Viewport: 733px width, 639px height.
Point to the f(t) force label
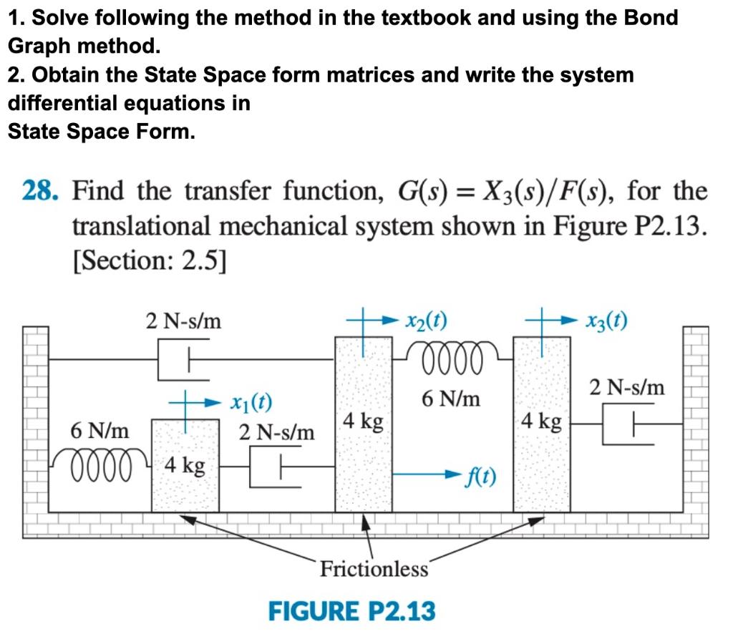[481, 476]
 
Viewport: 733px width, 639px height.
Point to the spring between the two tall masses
[452, 353]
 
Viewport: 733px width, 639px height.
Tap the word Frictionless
[374, 569]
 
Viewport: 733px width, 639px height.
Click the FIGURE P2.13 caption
[351, 612]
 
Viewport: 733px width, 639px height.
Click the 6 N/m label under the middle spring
[450, 398]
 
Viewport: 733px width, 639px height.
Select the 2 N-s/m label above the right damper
[627, 388]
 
